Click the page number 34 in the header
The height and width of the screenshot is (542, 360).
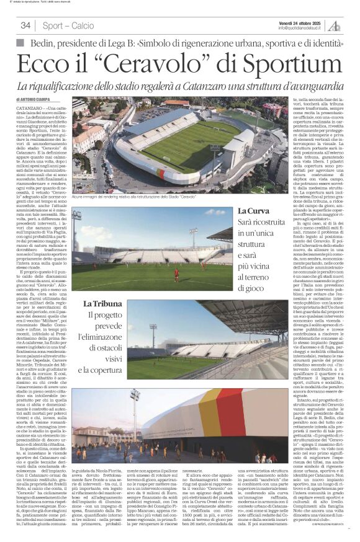pyautogui.click(x=25, y=25)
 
